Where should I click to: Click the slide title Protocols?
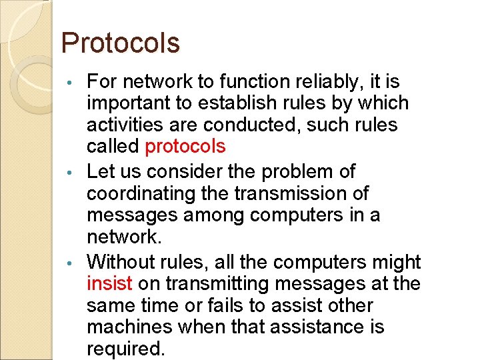(x=120, y=43)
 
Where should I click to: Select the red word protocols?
(x=185, y=147)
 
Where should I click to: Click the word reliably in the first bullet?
(x=323, y=82)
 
